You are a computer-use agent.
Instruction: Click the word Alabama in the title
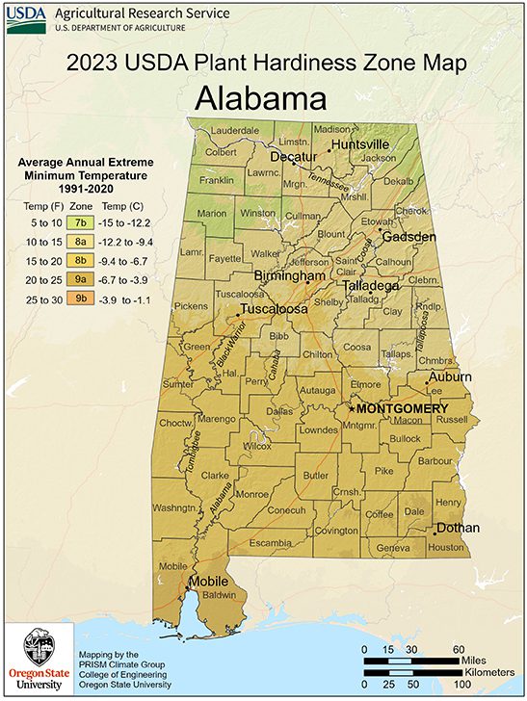coord(260,98)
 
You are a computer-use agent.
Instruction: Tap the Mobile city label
coord(209,583)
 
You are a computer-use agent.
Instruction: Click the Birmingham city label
coord(289,276)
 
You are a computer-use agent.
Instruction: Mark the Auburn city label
coord(450,376)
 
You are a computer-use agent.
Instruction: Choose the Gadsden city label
coord(410,237)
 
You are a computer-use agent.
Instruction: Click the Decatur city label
coord(294,156)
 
